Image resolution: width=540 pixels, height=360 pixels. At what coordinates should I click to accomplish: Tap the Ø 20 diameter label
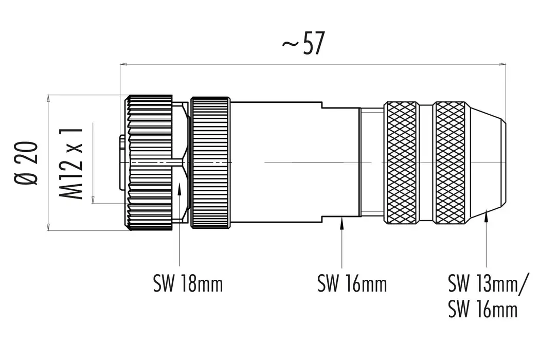(x=27, y=162)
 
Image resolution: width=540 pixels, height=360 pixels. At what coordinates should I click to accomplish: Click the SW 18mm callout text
(x=188, y=283)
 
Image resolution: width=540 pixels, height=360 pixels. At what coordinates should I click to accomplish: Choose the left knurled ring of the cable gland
(x=402, y=163)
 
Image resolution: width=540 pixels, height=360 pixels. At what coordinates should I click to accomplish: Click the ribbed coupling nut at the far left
(x=150, y=163)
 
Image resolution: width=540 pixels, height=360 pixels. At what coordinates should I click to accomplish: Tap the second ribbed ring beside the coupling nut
(x=210, y=163)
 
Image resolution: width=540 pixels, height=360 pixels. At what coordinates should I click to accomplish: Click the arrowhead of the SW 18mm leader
(x=179, y=190)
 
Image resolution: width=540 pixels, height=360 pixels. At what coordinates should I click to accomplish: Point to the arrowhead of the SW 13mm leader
(x=487, y=220)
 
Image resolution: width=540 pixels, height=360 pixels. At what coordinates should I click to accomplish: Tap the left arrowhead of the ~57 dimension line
(x=123, y=64)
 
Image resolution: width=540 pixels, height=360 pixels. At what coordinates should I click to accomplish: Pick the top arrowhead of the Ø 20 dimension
(x=48, y=98)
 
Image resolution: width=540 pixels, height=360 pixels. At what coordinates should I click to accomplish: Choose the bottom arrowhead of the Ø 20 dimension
(x=48, y=227)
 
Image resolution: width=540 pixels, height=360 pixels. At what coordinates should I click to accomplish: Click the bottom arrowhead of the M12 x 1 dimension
(x=93, y=200)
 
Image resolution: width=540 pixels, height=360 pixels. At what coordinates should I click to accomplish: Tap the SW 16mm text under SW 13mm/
(x=482, y=310)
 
